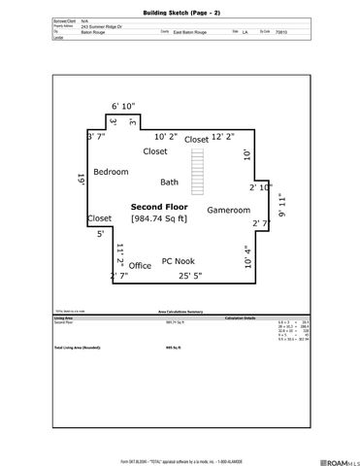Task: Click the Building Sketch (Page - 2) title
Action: pos(180,8)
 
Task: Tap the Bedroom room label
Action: pos(111,172)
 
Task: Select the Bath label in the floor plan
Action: pos(170,182)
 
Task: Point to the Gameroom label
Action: pos(229,210)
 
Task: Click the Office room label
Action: pos(141,265)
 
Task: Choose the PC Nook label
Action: pos(179,261)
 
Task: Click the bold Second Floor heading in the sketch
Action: pos(160,206)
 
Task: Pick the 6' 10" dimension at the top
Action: pos(123,106)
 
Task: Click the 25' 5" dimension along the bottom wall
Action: pos(190,276)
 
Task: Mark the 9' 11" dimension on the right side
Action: pos(282,206)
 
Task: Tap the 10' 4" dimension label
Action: pos(247,257)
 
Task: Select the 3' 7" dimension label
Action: pos(95,137)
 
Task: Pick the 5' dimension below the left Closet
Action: pos(99,234)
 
